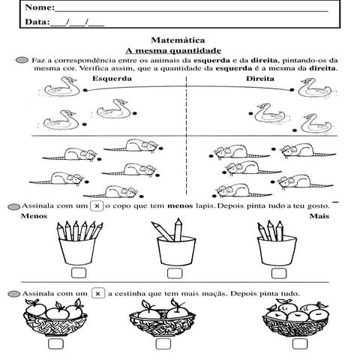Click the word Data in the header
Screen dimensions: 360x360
36,22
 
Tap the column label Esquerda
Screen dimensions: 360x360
112,78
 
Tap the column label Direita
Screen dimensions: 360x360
259,78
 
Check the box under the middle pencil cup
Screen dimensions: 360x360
174,273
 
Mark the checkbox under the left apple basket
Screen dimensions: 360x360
55,343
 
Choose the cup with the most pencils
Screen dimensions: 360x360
78,240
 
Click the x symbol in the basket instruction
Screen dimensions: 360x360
98,293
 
